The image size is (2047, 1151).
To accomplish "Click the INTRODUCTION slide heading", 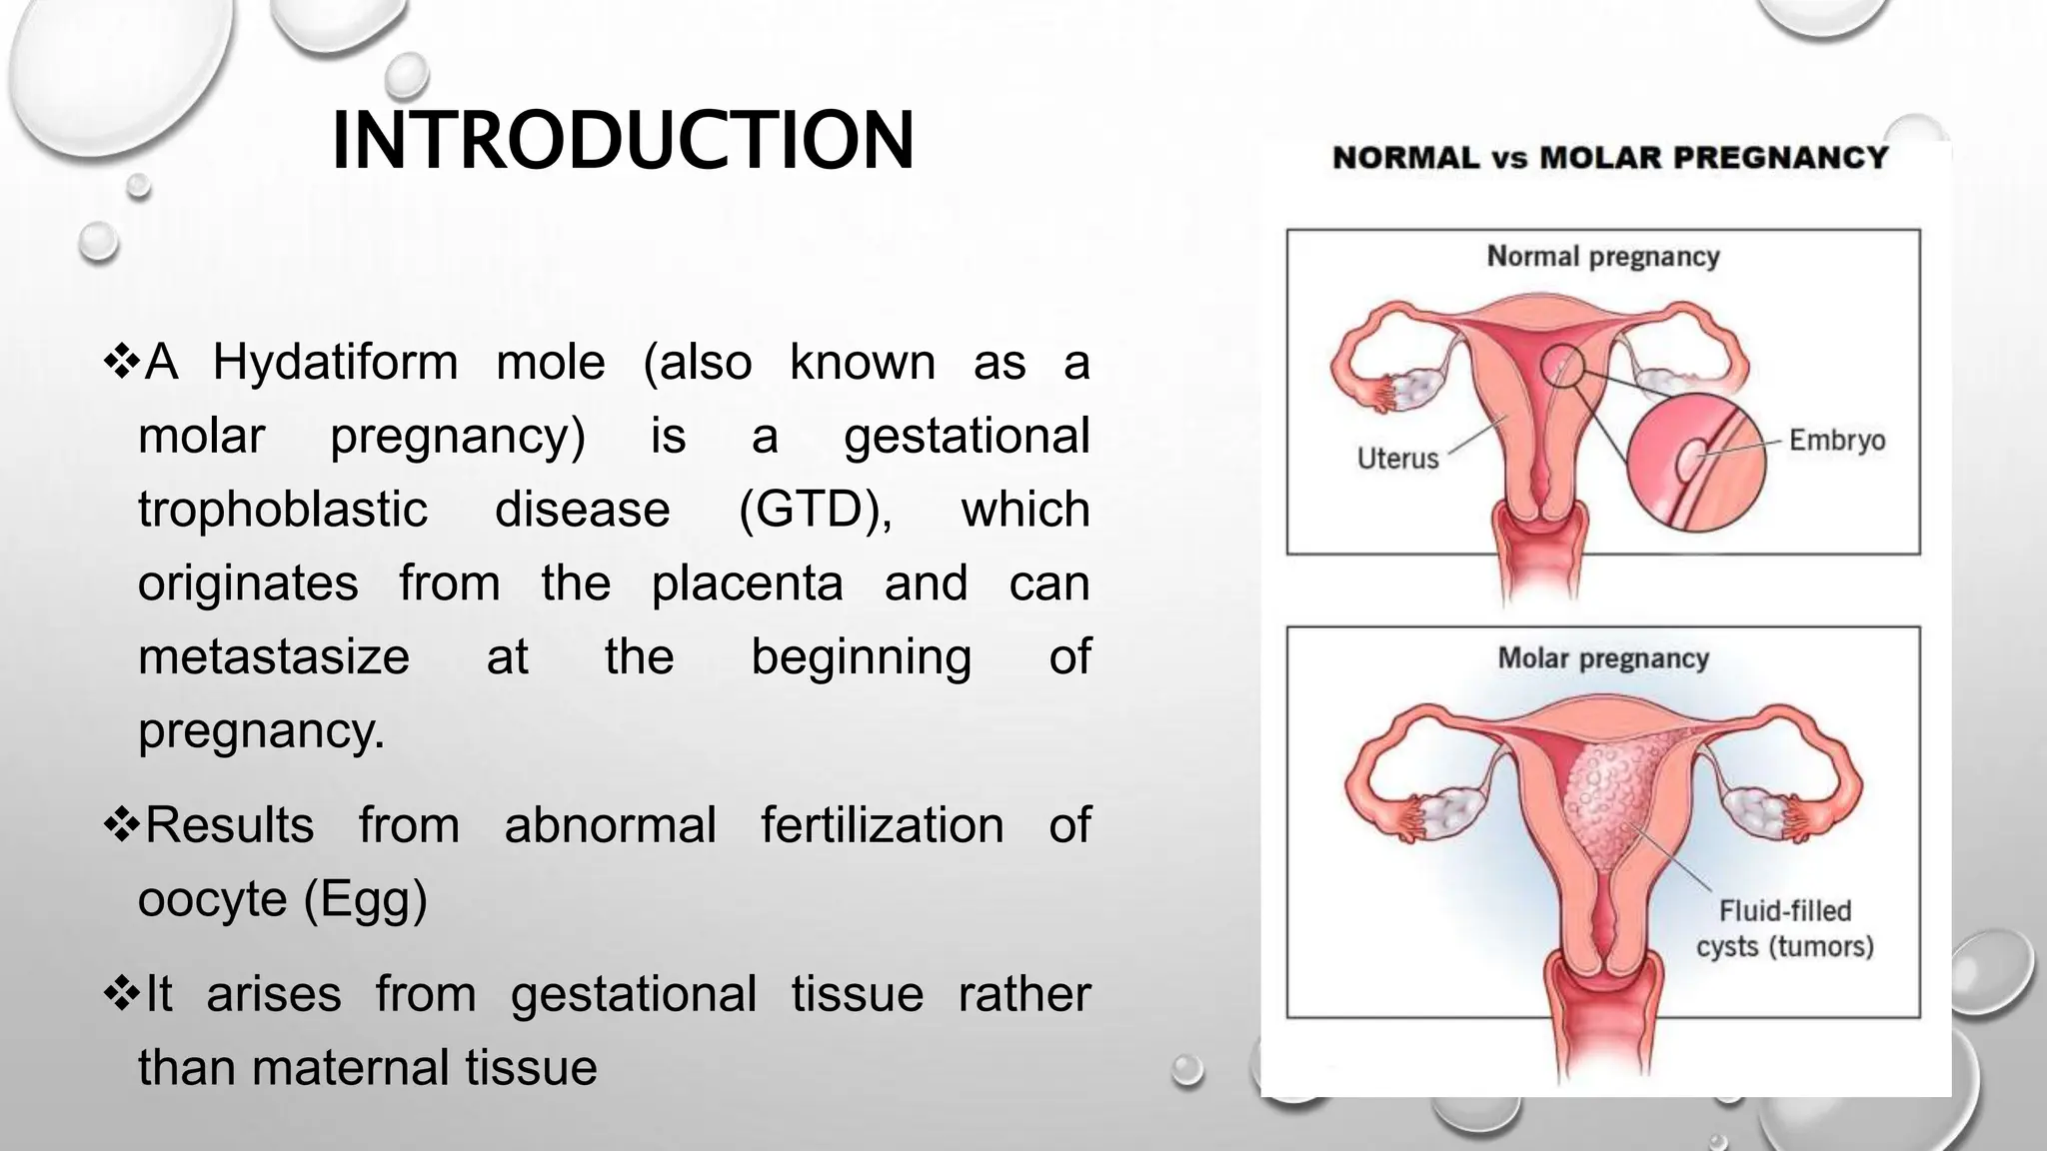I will click(x=622, y=141).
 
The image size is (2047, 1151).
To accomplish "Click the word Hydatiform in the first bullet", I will click(x=335, y=362).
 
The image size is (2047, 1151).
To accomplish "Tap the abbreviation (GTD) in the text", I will click(x=815, y=510).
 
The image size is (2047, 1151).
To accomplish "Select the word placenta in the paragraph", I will click(x=747, y=583).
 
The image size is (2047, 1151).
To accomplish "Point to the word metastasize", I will click(x=274, y=657).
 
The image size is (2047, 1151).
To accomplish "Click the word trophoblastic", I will click(x=283, y=510).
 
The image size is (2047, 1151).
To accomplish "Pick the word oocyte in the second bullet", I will click(x=212, y=898).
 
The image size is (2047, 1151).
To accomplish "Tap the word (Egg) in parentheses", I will click(x=366, y=898).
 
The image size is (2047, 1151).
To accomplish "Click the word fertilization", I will click(x=882, y=825).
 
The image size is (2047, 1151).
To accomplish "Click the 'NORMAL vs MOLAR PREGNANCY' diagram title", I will click(x=1610, y=158).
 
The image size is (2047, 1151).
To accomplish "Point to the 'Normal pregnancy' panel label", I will click(x=1603, y=257).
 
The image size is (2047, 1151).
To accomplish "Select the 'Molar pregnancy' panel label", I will click(x=1603, y=658).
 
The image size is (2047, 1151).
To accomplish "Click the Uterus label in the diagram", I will click(x=1397, y=459).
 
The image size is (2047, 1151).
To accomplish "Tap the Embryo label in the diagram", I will click(x=1836, y=441).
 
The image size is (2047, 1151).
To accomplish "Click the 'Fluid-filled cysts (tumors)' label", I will click(x=1784, y=928).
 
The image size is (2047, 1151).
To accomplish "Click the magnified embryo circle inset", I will click(x=1695, y=460).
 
